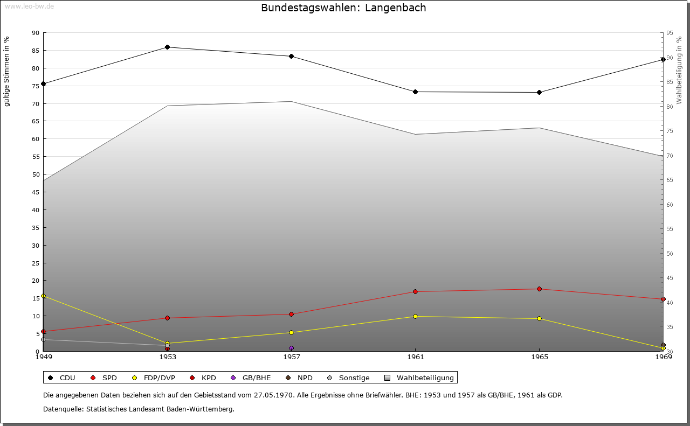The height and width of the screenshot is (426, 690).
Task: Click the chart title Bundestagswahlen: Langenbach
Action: pos(343,8)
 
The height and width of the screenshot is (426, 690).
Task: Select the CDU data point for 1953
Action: pos(167,47)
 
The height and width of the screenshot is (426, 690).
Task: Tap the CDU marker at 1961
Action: pos(415,92)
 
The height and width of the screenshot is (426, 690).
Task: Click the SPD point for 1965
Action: pos(539,289)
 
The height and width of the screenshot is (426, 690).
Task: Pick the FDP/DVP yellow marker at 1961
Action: pos(415,317)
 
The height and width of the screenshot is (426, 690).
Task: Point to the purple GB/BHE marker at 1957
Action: pos(291,348)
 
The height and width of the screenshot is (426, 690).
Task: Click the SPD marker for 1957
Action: pos(291,315)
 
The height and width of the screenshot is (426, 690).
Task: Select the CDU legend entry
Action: pos(63,378)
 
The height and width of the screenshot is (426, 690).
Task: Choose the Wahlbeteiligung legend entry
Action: pos(420,378)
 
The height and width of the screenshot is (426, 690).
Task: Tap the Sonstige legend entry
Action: pos(349,378)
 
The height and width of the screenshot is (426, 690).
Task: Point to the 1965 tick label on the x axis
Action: pos(539,357)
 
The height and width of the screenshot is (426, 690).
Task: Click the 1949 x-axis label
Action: pos(43,357)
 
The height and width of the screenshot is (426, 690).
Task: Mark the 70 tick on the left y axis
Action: pos(36,104)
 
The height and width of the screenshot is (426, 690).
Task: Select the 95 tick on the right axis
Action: pos(670,33)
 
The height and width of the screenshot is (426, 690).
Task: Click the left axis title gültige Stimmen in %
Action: pos(7,72)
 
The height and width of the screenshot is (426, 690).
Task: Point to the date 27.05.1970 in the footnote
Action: pos(273,395)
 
